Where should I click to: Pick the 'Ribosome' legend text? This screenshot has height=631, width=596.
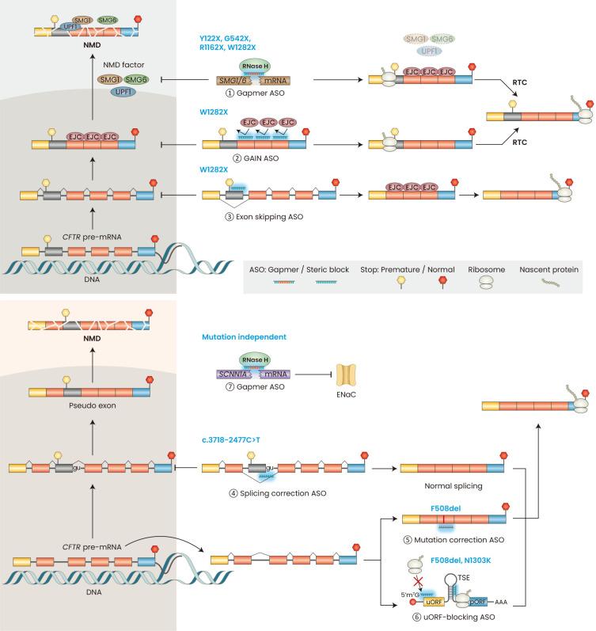pyautogui.click(x=492, y=269)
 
